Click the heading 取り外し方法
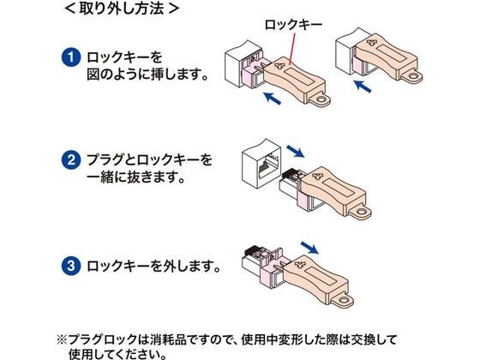click(x=122, y=9)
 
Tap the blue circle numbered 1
click(x=71, y=57)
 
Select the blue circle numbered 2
click(x=71, y=159)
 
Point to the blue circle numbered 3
click(x=71, y=266)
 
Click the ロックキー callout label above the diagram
click(x=293, y=25)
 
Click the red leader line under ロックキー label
click(x=292, y=49)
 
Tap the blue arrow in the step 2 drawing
click(x=296, y=151)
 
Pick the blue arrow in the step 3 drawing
click(x=309, y=248)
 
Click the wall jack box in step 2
click(x=261, y=163)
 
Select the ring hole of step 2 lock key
click(x=362, y=212)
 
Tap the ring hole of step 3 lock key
click(x=344, y=300)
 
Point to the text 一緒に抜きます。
click(x=136, y=177)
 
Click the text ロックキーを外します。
click(x=153, y=266)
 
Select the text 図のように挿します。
click(x=147, y=75)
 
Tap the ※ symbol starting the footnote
click(x=62, y=339)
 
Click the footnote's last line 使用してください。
click(x=118, y=354)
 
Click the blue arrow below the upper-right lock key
click(x=363, y=86)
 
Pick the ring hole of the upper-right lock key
click(x=413, y=75)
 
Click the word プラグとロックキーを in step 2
click(x=149, y=160)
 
